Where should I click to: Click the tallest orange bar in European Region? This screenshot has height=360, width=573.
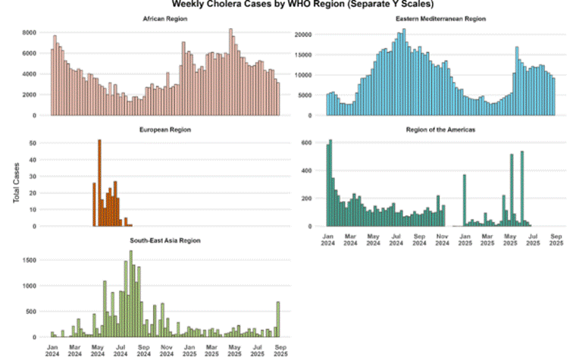pos(99,183)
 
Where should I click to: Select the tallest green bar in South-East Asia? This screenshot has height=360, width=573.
pos(131,293)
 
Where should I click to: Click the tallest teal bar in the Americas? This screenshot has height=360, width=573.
pos(330,183)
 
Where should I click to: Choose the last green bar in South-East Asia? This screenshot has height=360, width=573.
pos(278,319)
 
